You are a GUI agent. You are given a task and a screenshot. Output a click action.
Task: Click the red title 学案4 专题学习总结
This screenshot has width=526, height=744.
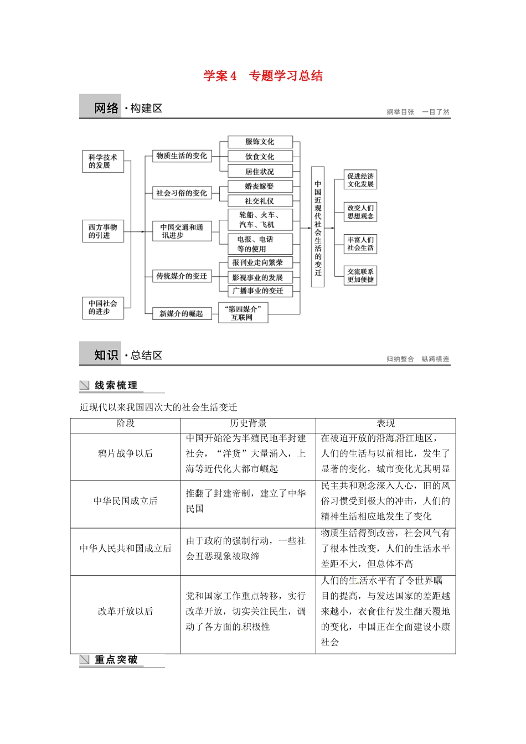(x=262, y=76)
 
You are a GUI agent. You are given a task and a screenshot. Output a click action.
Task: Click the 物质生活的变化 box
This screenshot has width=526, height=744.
(x=181, y=156)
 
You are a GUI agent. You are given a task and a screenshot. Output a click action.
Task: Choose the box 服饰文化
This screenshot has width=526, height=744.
(x=260, y=142)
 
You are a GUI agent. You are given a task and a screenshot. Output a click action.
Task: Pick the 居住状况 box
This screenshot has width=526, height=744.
(x=260, y=172)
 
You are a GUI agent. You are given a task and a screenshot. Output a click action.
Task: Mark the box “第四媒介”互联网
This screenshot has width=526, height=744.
(x=243, y=313)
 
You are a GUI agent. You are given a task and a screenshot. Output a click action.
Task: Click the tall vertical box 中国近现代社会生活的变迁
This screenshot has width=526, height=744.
(x=318, y=227)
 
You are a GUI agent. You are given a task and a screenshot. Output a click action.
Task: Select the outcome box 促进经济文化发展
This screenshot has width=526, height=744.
(x=360, y=180)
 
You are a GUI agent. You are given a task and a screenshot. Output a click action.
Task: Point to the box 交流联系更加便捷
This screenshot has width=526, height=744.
(x=360, y=276)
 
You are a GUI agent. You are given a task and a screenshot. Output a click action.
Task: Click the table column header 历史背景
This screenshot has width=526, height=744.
(x=248, y=423)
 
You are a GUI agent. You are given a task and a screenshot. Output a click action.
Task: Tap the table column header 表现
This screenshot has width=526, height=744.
(x=385, y=423)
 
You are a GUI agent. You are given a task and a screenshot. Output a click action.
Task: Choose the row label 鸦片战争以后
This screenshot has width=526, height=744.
(x=125, y=453)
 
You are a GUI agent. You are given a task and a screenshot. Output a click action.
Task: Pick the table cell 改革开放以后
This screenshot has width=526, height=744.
(x=125, y=611)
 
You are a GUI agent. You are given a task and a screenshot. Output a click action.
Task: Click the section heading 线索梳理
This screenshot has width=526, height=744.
(x=116, y=385)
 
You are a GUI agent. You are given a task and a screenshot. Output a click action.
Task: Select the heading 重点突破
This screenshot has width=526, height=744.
(x=116, y=659)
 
